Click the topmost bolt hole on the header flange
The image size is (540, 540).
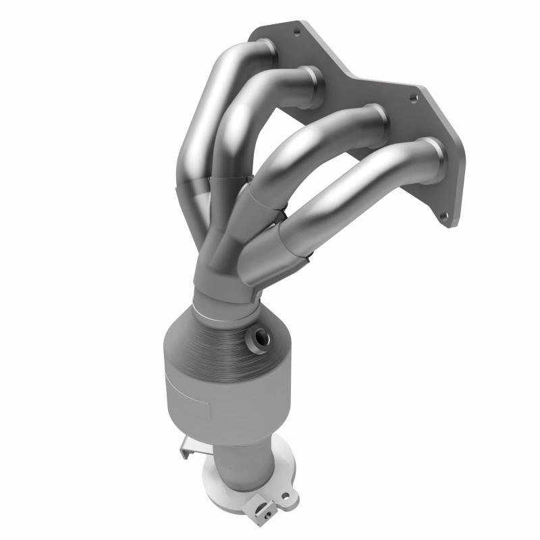295,30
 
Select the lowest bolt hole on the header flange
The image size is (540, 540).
444,217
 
